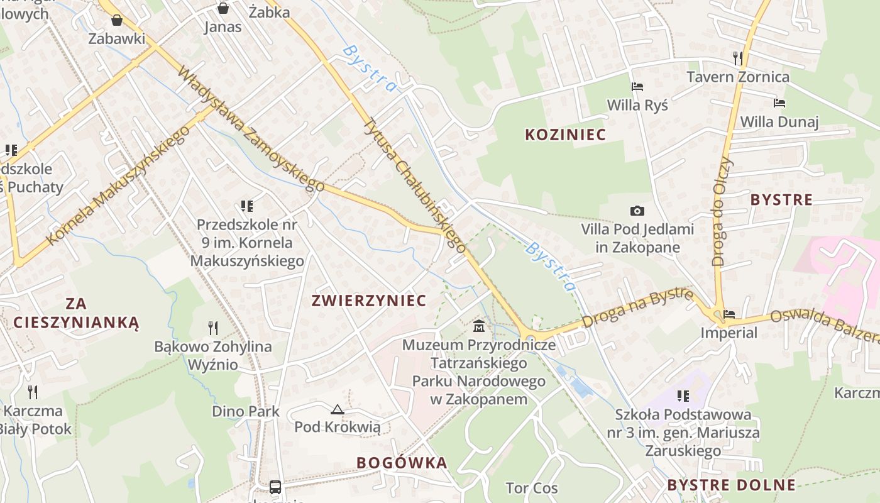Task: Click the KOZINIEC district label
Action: [x=565, y=135]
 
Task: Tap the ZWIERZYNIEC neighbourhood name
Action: [x=369, y=301]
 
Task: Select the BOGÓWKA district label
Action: [x=402, y=463]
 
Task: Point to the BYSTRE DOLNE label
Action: [x=731, y=485]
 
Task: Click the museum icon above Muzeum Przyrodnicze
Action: [x=479, y=326]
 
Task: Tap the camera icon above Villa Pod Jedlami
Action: [x=637, y=211]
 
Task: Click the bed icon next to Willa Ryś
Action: [x=637, y=87]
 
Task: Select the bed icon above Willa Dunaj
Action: [x=779, y=103]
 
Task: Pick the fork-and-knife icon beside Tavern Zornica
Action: [x=738, y=58]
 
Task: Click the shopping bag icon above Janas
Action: [x=223, y=8]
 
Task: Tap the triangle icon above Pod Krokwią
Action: [x=338, y=410]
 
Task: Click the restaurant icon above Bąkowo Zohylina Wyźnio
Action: [x=213, y=328]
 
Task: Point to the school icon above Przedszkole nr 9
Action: [x=246, y=206]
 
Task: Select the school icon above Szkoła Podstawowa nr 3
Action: [x=683, y=396]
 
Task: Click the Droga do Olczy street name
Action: [x=723, y=211]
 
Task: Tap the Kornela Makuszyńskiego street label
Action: [x=118, y=185]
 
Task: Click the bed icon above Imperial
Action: [x=729, y=314]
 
